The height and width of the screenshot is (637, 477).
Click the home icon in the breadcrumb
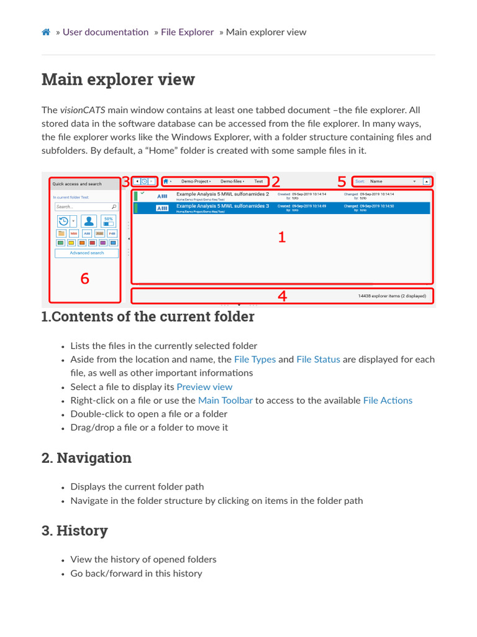pos(46,32)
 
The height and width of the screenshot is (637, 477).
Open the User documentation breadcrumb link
pos(106,32)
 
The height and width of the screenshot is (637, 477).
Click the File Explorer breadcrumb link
pos(187,32)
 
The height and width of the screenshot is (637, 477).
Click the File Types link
pos(255,360)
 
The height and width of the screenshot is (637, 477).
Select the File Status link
pos(318,360)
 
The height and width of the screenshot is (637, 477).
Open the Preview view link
pos(204,387)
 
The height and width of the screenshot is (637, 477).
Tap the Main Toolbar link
pos(225,401)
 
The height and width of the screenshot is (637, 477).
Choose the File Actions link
pos(388,401)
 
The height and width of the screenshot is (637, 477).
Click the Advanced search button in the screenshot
pos(87,253)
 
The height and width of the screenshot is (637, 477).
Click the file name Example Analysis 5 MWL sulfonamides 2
pos(222,194)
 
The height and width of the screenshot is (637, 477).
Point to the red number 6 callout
pos(85,279)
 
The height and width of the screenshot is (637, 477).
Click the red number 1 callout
pos(281,237)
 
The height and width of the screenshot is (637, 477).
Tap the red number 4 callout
pos(282,296)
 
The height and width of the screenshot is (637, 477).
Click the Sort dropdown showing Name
pos(391,182)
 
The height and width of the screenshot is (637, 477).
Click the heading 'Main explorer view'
pos(118,80)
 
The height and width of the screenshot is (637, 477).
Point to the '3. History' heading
pos(75,531)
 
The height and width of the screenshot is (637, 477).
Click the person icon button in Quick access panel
pos(89,221)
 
